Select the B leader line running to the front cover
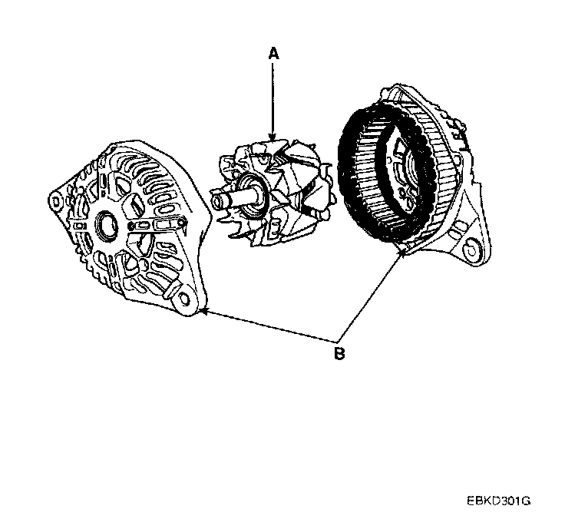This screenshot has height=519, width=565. coord(269,325)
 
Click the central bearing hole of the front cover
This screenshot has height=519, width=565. coord(107,225)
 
